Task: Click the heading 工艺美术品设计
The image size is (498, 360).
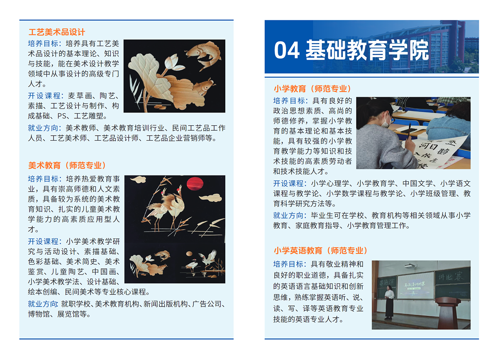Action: click(x=57, y=32)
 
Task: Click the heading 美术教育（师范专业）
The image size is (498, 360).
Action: click(x=67, y=165)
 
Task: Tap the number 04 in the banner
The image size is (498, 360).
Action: click(x=287, y=51)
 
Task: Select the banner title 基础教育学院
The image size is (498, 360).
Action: click(x=367, y=51)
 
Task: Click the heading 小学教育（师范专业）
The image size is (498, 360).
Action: click(x=312, y=89)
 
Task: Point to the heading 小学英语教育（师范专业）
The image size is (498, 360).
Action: click(x=321, y=251)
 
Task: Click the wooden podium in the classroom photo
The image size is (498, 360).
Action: click(x=448, y=313)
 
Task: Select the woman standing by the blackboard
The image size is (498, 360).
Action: click(x=389, y=304)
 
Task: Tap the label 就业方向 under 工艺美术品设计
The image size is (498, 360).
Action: click(x=44, y=128)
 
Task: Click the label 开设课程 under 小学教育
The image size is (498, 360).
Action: click(x=289, y=183)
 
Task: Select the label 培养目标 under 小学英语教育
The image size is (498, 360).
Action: click(x=289, y=264)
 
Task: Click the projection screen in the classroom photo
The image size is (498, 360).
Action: click(x=415, y=285)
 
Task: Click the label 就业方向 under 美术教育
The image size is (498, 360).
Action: click(x=44, y=304)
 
